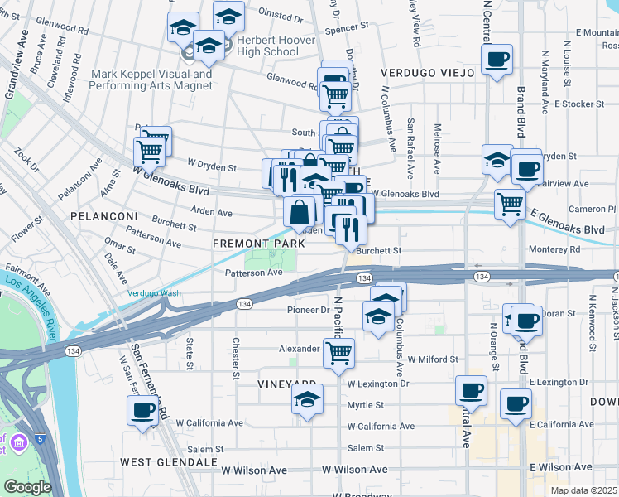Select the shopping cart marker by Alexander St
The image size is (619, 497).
(x=338, y=353)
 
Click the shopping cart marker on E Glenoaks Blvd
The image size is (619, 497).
(x=510, y=203)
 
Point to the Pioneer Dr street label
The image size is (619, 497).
(x=308, y=310)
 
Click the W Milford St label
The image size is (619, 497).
(x=433, y=359)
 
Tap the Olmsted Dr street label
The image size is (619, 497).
(x=281, y=16)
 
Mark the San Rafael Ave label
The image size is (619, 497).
(x=410, y=147)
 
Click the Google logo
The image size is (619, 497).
(x=27, y=487)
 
